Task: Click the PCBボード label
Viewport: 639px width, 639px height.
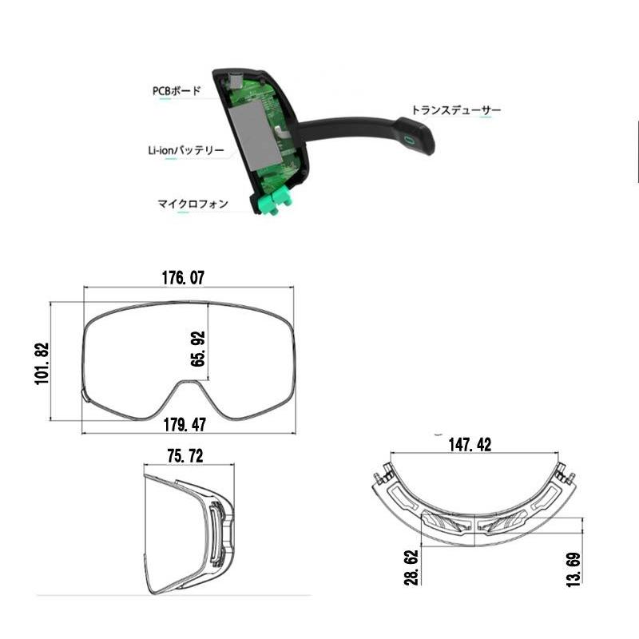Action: click(x=177, y=90)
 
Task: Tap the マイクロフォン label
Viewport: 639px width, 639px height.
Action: click(x=192, y=204)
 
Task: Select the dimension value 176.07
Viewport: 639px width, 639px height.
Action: click(x=183, y=278)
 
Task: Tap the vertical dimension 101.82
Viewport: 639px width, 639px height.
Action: click(x=43, y=363)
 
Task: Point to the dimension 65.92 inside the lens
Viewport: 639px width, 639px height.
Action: click(x=198, y=349)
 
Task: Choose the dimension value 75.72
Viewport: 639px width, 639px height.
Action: click(x=185, y=456)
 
